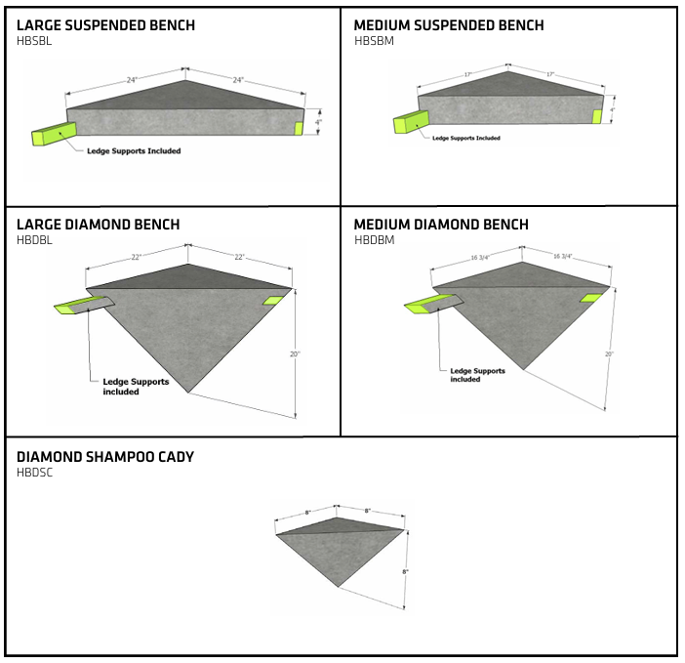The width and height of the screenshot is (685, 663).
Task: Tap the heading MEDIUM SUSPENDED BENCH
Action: [x=449, y=25]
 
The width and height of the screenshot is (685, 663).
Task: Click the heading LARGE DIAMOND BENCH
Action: [x=98, y=225]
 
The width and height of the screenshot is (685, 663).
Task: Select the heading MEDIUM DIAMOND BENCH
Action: [x=441, y=225]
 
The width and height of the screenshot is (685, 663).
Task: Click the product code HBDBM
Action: [x=374, y=240]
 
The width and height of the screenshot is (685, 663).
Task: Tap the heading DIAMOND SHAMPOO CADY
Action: [x=105, y=457]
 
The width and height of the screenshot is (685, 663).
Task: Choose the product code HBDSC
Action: [x=35, y=473]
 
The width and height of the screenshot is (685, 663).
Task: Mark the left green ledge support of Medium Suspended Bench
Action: [x=410, y=122]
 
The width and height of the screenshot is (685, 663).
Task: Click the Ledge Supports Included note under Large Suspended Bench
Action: [x=134, y=151]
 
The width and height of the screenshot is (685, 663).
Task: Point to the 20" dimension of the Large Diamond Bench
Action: [x=294, y=354]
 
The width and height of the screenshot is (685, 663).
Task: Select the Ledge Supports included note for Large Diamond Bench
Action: [x=135, y=387]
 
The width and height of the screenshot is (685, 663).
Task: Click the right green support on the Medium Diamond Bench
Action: [x=592, y=298]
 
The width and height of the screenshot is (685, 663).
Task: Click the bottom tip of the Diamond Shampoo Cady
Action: [x=338, y=586]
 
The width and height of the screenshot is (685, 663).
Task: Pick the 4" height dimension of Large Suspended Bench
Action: [x=318, y=123]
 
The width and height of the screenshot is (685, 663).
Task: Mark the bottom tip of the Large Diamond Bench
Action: [x=187, y=393]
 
